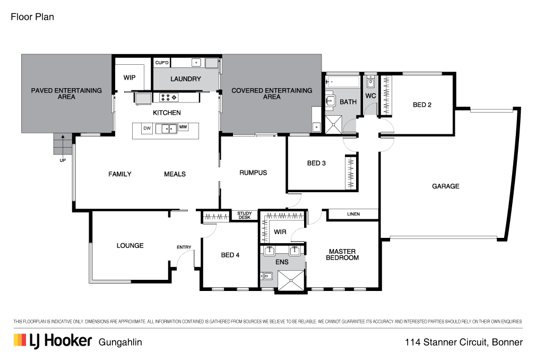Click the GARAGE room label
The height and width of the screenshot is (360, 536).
point(445,186)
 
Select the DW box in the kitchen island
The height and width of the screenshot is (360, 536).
point(147,128)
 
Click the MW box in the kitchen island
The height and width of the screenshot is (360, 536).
point(183,127)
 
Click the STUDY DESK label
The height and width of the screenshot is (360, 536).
point(245,216)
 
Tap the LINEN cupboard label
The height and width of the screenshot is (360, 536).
point(353,214)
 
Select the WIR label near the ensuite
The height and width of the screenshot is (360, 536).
point(280,232)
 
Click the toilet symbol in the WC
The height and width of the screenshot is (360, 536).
point(370,82)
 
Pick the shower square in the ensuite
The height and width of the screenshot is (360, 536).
point(291,281)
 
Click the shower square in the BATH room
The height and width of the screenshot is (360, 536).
point(333,124)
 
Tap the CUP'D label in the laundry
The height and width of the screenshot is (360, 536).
point(162,63)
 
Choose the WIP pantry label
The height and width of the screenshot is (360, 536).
point(129,78)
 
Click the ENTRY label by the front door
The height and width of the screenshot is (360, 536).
point(184,247)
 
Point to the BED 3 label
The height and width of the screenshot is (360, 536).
point(316,164)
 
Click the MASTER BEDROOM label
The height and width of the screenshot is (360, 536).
point(342,255)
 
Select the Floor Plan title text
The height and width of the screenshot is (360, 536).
point(32,17)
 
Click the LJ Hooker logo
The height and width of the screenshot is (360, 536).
point(53,341)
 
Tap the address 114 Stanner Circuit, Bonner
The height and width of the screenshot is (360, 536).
point(464,342)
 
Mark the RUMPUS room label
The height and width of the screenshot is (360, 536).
point(253,173)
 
